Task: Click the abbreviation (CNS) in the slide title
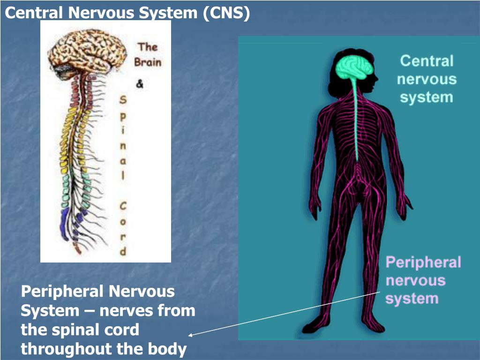[226, 13]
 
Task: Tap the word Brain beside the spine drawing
[147, 62]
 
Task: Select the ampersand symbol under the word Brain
[140, 85]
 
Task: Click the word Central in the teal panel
[426, 61]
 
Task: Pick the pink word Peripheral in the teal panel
[423, 262]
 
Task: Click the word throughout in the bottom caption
[73, 349]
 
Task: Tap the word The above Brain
[147, 47]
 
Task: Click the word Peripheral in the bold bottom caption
[62, 292]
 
